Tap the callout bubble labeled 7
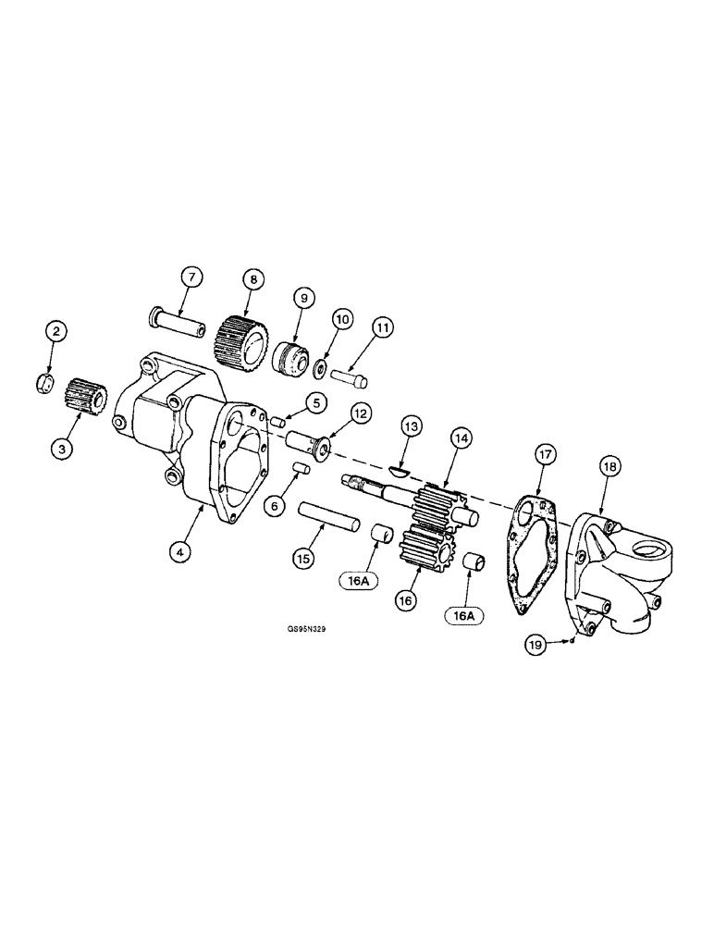(191, 277)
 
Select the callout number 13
(409, 426)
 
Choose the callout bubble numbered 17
(544, 455)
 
